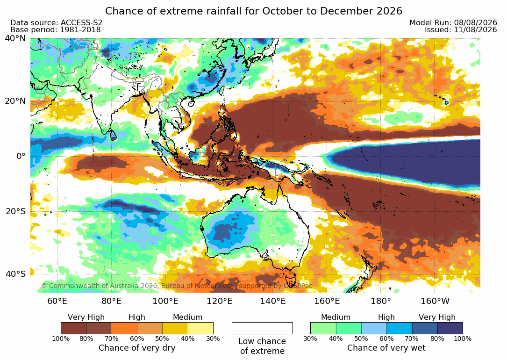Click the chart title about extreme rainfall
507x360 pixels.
[x=253, y=11]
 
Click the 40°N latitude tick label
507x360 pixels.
[x=15, y=38]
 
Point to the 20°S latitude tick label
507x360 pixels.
[x=15, y=211]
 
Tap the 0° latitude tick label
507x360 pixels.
[x=21, y=156]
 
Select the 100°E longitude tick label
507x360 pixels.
[x=165, y=301]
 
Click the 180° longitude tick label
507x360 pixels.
[x=381, y=301]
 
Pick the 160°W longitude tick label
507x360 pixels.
[x=435, y=301]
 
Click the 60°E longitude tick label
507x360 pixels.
[x=57, y=301]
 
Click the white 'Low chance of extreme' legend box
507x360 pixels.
[x=262, y=328]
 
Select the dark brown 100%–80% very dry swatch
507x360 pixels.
[x=74, y=328]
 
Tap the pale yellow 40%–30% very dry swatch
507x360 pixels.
[x=200, y=328]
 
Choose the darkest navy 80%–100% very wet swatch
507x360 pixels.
[x=450, y=328]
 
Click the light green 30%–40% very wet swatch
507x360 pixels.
[x=323, y=328]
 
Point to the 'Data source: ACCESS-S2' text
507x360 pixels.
[x=56, y=22]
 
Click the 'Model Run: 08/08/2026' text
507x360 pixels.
[x=453, y=22]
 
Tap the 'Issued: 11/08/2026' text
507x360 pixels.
[x=461, y=30]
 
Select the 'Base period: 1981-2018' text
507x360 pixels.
[x=56, y=30]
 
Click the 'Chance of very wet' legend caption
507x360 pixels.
[x=386, y=348]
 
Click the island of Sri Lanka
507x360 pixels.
[x=113, y=135]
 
